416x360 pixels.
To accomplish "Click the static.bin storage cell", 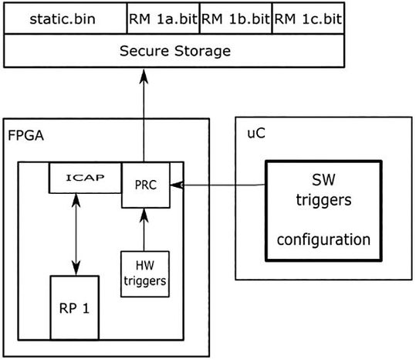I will [64, 18].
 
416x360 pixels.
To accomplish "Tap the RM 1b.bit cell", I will [235, 18].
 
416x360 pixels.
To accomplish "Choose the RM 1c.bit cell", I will [308, 18].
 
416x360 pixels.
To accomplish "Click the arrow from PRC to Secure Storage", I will [142, 116].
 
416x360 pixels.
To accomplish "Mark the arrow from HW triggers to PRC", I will [144, 229].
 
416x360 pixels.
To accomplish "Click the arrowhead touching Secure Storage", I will [142, 74].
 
